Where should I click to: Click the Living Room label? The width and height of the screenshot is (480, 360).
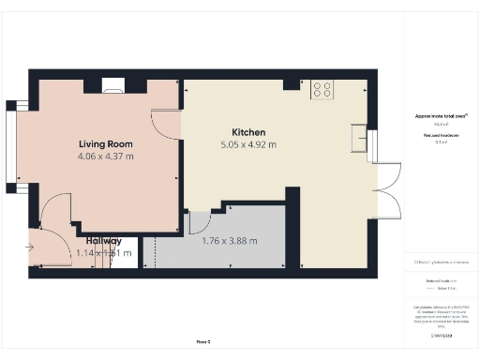click(x=105, y=144)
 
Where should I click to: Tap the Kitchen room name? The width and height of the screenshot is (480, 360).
click(x=248, y=132)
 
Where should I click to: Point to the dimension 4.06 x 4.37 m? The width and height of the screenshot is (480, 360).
click(x=105, y=157)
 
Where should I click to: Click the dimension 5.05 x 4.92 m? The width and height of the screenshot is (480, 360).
click(x=248, y=145)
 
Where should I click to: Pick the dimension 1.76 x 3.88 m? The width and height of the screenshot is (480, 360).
click(x=230, y=240)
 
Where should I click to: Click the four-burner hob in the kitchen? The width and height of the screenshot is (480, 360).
click(x=322, y=89)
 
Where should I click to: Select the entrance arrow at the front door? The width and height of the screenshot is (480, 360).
click(x=30, y=247)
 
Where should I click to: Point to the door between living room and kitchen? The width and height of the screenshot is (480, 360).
click(x=167, y=125)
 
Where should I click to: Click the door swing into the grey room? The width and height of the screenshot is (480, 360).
click(x=199, y=223)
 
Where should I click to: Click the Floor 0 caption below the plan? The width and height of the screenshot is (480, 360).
click(x=203, y=342)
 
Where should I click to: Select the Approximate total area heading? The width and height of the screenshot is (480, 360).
click(x=442, y=116)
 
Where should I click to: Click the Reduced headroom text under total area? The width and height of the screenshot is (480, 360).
click(x=441, y=136)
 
